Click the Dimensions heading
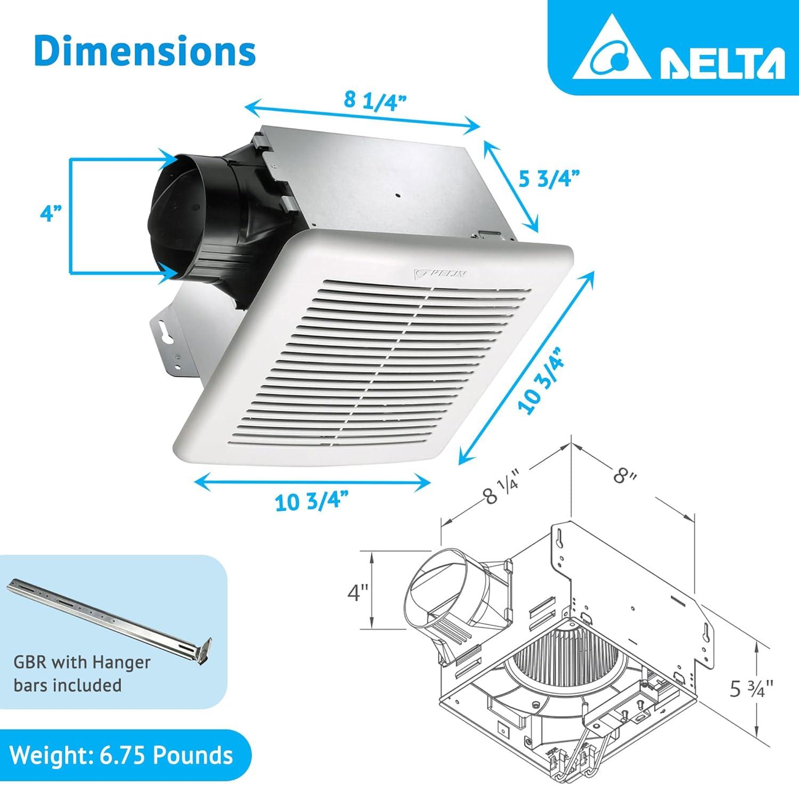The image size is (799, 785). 145,51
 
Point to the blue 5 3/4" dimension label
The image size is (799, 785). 550,179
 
